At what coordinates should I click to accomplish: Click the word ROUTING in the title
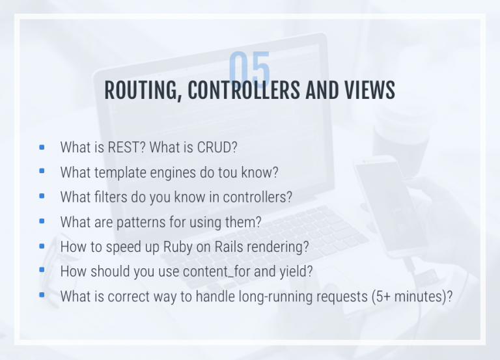coord(141,90)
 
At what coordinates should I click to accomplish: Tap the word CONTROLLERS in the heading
coord(244,90)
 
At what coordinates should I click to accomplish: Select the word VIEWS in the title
coord(370,90)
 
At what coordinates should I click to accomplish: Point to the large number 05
coord(249,69)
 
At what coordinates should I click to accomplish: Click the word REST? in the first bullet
coord(126,147)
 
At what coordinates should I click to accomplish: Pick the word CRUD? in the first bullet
coord(217,147)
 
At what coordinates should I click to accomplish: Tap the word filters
coord(111,197)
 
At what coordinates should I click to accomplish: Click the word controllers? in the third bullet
coord(257,197)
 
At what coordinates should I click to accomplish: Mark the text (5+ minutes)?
coord(412,297)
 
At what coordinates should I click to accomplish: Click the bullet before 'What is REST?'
coord(42,147)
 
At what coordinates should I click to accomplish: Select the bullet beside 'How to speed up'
coord(42,246)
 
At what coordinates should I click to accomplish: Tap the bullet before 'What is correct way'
coord(42,295)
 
